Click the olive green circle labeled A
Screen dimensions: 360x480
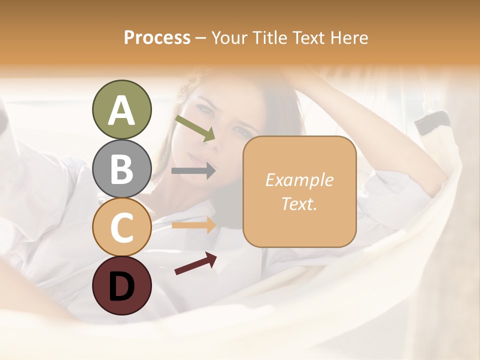121,110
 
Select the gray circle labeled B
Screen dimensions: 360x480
121,168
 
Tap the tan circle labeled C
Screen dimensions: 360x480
121,227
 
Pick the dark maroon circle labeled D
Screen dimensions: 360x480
121,285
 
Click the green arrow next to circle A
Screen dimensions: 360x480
195,128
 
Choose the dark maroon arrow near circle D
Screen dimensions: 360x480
195,263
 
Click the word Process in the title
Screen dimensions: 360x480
157,37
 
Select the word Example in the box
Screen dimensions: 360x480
299,180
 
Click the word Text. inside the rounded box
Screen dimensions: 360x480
299,204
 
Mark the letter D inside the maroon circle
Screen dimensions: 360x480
121,286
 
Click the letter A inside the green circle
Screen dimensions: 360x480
121,110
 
